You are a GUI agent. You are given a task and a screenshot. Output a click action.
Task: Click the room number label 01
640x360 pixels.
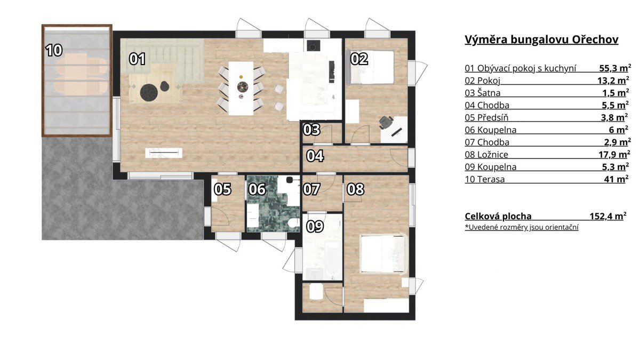pyautogui.click(x=137, y=59)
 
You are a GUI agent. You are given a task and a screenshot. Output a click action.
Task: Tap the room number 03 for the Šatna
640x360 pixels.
pyautogui.click(x=311, y=130)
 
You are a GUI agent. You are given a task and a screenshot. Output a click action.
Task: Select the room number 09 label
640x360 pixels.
pyautogui.click(x=315, y=226)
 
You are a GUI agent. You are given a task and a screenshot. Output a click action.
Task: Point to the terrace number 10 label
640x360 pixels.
pyautogui.click(x=54, y=51)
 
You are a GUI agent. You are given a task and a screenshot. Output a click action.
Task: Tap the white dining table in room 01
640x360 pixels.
pyautogui.click(x=241, y=89)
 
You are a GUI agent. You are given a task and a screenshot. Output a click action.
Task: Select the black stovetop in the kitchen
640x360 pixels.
pyautogui.click(x=314, y=45)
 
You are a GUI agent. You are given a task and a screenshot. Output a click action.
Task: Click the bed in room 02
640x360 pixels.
pyautogui.click(x=370, y=67)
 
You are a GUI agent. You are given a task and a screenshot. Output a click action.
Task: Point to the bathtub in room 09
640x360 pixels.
pyautogui.click(x=333, y=260)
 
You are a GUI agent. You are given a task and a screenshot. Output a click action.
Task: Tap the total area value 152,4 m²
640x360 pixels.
pyautogui.click(x=608, y=216)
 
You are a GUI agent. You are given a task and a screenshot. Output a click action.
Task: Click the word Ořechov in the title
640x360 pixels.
pyautogui.click(x=595, y=39)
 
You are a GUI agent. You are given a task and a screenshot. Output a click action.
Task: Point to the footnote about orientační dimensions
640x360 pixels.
pyautogui.click(x=522, y=227)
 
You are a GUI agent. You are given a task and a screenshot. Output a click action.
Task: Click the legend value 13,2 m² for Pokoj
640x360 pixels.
pyautogui.click(x=613, y=81)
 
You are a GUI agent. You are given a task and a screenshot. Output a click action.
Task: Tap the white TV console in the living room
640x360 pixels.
pyautogui.click(x=164, y=153)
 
